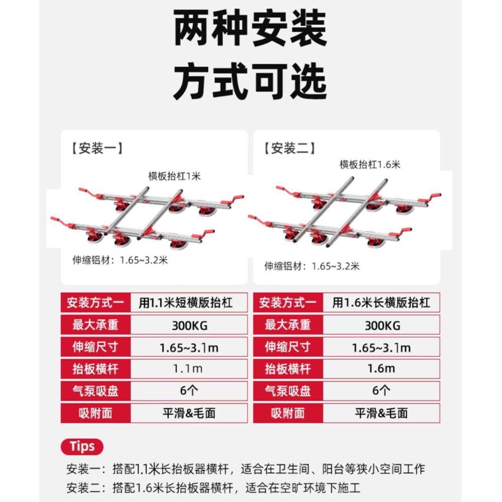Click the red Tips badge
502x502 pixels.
click(82, 447)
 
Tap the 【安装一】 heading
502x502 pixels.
click(97, 148)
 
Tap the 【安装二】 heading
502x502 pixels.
click(289, 148)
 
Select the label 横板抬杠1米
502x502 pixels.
click(174, 176)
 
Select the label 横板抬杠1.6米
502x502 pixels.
click(370, 164)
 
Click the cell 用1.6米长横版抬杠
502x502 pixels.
click(381, 302)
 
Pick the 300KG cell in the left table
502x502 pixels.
click(189, 325)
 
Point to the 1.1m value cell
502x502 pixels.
click(189, 369)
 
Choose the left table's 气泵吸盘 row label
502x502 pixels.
click(95, 391)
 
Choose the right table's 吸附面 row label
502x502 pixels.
click(288, 413)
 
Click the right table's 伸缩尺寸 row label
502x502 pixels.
click(288, 347)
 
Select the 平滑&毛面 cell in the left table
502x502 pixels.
click(189, 413)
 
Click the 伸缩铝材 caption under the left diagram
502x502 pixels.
click(120, 260)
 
